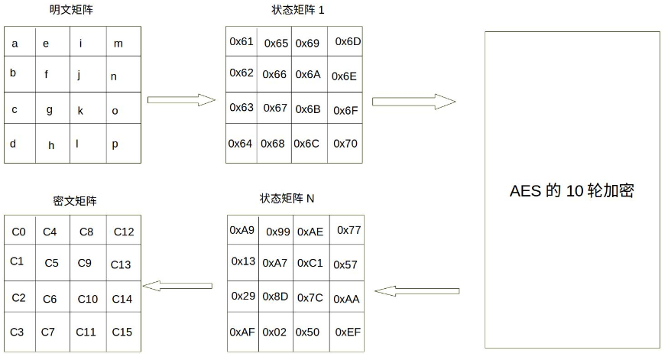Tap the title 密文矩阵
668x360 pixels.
[74, 201]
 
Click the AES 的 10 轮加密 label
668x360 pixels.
[572, 191]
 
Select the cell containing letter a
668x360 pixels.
[15, 44]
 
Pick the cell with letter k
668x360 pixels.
[80, 110]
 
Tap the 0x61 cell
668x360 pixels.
[242, 41]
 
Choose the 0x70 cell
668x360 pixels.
[345, 144]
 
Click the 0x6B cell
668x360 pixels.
[307, 109]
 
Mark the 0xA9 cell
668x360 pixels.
[242, 230]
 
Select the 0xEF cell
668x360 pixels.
[348, 332]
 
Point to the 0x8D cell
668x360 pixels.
[275, 297]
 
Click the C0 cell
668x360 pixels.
[19, 232]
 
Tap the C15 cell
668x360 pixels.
[122, 332]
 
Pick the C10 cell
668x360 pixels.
[88, 299]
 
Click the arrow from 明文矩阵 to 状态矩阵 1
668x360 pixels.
[182, 100]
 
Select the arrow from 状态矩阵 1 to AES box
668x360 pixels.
[413, 101]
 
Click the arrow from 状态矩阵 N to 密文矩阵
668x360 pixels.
[181, 286]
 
